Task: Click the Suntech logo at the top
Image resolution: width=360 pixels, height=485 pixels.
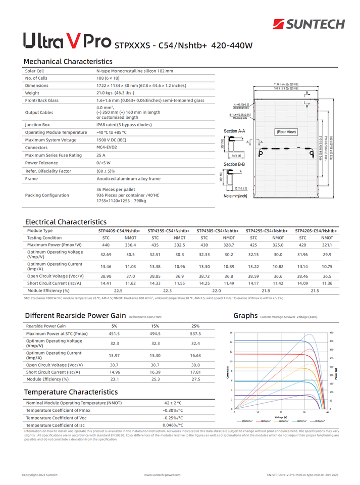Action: point(308,24)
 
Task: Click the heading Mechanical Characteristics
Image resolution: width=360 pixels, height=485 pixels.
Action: point(68,61)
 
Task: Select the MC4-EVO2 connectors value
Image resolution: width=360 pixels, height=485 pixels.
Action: point(107,147)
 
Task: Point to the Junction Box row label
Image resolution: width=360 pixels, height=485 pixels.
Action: point(37,124)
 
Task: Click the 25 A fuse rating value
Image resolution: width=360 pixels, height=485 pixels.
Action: point(101,155)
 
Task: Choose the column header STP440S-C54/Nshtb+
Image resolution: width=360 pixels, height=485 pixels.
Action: point(119,230)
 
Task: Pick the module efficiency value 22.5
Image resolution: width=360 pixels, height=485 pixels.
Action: point(118,290)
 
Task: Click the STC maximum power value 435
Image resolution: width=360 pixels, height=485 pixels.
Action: point(155,245)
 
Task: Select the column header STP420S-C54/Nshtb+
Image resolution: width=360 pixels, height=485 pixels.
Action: point(316,230)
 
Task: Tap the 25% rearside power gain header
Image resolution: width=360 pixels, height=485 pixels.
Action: point(195,326)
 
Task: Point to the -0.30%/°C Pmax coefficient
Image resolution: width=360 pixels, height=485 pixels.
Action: point(173,410)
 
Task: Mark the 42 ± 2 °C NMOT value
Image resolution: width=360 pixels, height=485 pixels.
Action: point(173,403)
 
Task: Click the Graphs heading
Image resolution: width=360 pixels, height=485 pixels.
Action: point(245,316)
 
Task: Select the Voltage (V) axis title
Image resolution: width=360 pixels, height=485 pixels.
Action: point(282,417)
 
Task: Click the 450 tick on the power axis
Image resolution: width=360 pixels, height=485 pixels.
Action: point(331,332)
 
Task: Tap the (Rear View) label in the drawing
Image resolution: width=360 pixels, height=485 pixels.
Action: point(286,132)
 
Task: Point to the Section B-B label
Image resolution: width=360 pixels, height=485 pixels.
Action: point(234,164)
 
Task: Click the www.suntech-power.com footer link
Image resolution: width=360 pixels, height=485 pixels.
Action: point(162,475)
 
